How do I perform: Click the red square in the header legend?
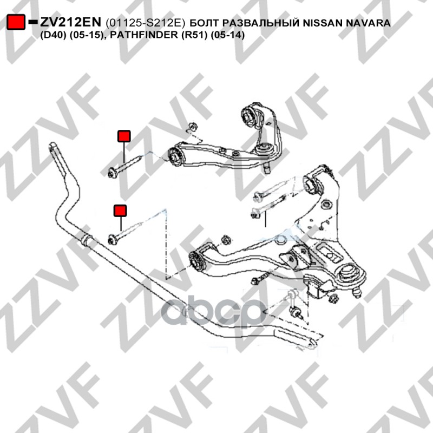(16, 22)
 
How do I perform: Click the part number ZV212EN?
(71, 22)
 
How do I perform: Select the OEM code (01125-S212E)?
(145, 23)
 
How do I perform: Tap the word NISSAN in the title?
(323, 23)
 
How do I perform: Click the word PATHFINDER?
(145, 35)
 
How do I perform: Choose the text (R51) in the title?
(194, 35)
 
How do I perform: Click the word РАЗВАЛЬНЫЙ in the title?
(260, 23)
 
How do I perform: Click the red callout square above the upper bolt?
(124, 136)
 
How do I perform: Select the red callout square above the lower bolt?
(120, 211)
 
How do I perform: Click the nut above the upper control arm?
(192, 127)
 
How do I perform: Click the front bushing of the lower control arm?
(198, 260)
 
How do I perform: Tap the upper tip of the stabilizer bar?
(53, 146)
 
